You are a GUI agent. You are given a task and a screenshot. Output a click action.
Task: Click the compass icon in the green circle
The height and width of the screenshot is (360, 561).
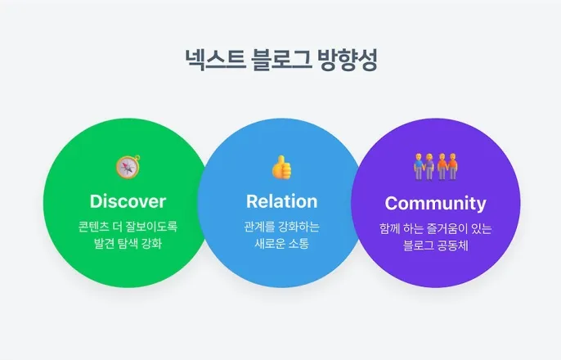pyautogui.click(x=128, y=167)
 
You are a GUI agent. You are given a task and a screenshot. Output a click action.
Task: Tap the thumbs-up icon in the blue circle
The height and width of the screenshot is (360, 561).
pyautogui.click(x=281, y=167)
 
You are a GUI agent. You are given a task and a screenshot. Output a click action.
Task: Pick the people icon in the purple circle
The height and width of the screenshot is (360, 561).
pyautogui.click(x=435, y=167)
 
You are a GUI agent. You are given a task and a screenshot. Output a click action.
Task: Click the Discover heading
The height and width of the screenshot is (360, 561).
pyautogui.click(x=128, y=201)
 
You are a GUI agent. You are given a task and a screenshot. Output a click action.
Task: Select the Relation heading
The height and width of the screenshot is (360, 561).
pyautogui.click(x=281, y=201)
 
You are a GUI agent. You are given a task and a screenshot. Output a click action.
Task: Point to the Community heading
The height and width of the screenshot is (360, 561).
pyautogui.click(x=435, y=203)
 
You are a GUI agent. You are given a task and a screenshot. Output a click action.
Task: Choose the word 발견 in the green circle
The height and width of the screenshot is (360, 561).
pyautogui.click(x=105, y=244)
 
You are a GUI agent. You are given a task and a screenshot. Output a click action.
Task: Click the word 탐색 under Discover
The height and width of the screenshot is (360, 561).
pyautogui.click(x=130, y=244)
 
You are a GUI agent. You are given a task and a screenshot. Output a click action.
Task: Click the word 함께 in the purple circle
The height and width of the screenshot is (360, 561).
pyautogui.click(x=390, y=228)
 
